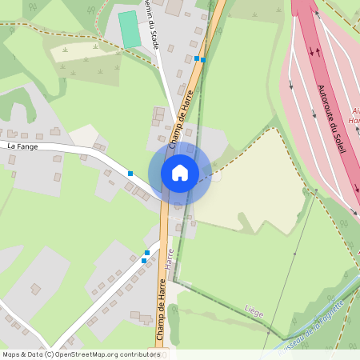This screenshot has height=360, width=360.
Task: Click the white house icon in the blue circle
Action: coord(179,172)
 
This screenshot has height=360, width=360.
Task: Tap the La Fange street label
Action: coord(22,146)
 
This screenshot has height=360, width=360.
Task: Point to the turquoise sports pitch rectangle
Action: coord(128,29)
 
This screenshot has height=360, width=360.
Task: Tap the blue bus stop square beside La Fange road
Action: coord(130,173)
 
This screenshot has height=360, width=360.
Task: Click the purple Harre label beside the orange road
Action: coord(170,258)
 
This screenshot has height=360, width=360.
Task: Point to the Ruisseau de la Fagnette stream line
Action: coord(336,296)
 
